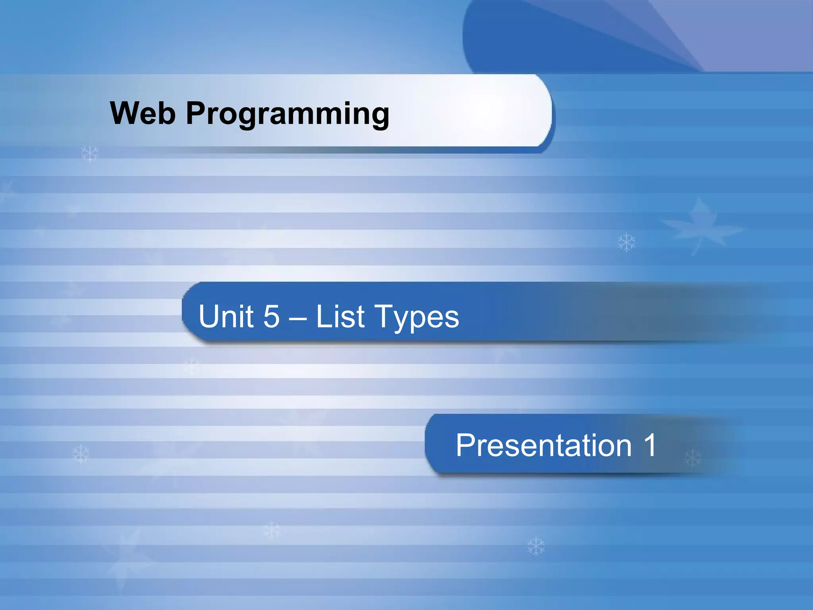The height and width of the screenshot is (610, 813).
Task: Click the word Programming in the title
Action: [x=288, y=115]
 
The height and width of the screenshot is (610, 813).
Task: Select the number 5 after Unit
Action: [x=272, y=317]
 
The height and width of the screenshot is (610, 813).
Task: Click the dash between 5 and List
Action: [x=298, y=318]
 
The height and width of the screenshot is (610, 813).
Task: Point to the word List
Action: [x=340, y=316]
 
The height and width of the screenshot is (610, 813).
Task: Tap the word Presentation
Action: [x=543, y=445]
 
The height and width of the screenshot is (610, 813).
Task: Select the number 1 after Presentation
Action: [x=650, y=445]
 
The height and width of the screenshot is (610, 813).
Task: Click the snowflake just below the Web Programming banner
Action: [x=89, y=153]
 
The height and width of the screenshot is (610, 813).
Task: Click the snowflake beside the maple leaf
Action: [x=626, y=242]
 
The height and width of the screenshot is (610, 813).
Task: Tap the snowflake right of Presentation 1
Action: [x=693, y=458]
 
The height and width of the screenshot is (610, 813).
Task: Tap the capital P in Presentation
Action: [x=465, y=445]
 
